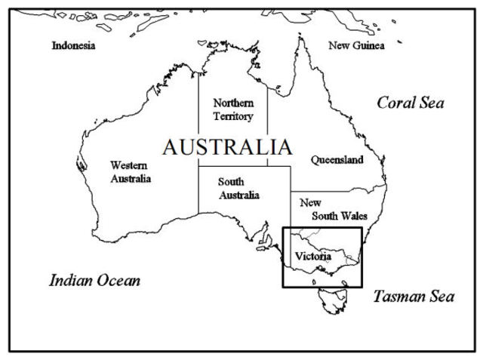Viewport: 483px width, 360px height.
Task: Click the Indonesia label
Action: tap(73, 45)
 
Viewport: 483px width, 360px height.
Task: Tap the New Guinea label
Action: tap(356, 45)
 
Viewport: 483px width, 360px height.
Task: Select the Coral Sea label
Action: tap(411, 103)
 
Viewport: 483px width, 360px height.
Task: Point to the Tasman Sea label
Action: tap(414, 296)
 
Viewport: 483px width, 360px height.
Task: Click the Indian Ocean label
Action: tap(94, 281)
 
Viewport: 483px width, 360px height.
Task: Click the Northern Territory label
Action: tap(232, 109)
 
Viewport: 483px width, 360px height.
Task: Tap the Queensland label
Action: tap(337, 160)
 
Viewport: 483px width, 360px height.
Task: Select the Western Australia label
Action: tap(131, 171)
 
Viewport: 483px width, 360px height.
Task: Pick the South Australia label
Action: tap(238, 188)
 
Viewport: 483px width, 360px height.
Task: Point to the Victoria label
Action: tap(313, 257)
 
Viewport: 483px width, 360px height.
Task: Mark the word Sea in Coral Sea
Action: tap(432, 103)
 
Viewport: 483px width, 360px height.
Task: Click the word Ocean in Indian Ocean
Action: tap(118, 281)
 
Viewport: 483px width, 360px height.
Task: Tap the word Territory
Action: tap(232, 116)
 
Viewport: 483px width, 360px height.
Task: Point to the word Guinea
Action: tap(368, 45)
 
